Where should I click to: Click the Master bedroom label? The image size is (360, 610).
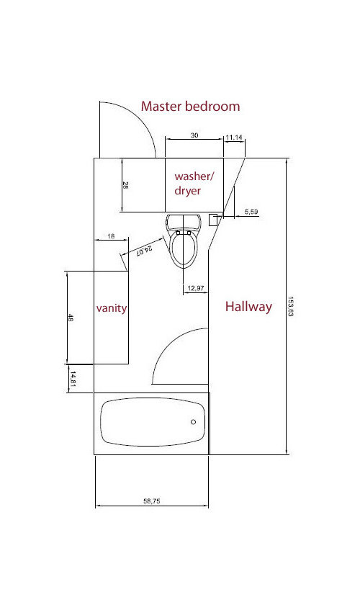coord(190,106)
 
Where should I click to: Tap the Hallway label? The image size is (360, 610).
coord(248,307)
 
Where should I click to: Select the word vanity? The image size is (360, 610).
coord(112,308)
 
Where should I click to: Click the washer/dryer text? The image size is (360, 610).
coord(194,183)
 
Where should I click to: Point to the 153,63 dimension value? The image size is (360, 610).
coord(290,306)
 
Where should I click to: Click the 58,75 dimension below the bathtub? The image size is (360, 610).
coord(152,501)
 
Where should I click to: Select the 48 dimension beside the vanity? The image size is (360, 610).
coord(71,318)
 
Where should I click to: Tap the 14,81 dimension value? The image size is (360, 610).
coord(73,379)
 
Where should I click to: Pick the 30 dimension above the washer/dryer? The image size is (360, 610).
coord(194,135)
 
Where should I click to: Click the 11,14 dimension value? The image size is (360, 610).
coord(234,137)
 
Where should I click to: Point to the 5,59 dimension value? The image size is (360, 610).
coord(251,212)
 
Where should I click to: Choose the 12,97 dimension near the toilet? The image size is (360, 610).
coord(196,288)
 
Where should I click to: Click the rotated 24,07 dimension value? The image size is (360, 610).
coord(144,249)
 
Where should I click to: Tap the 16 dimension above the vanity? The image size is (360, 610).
coord(111,236)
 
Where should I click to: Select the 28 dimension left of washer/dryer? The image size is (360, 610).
coord(125,185)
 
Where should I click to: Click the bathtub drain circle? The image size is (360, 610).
coord(193,422)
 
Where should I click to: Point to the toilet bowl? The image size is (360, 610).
coord(183,250)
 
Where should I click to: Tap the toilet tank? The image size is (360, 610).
coord(184,223)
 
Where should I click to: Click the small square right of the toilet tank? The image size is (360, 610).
coord(213,220)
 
